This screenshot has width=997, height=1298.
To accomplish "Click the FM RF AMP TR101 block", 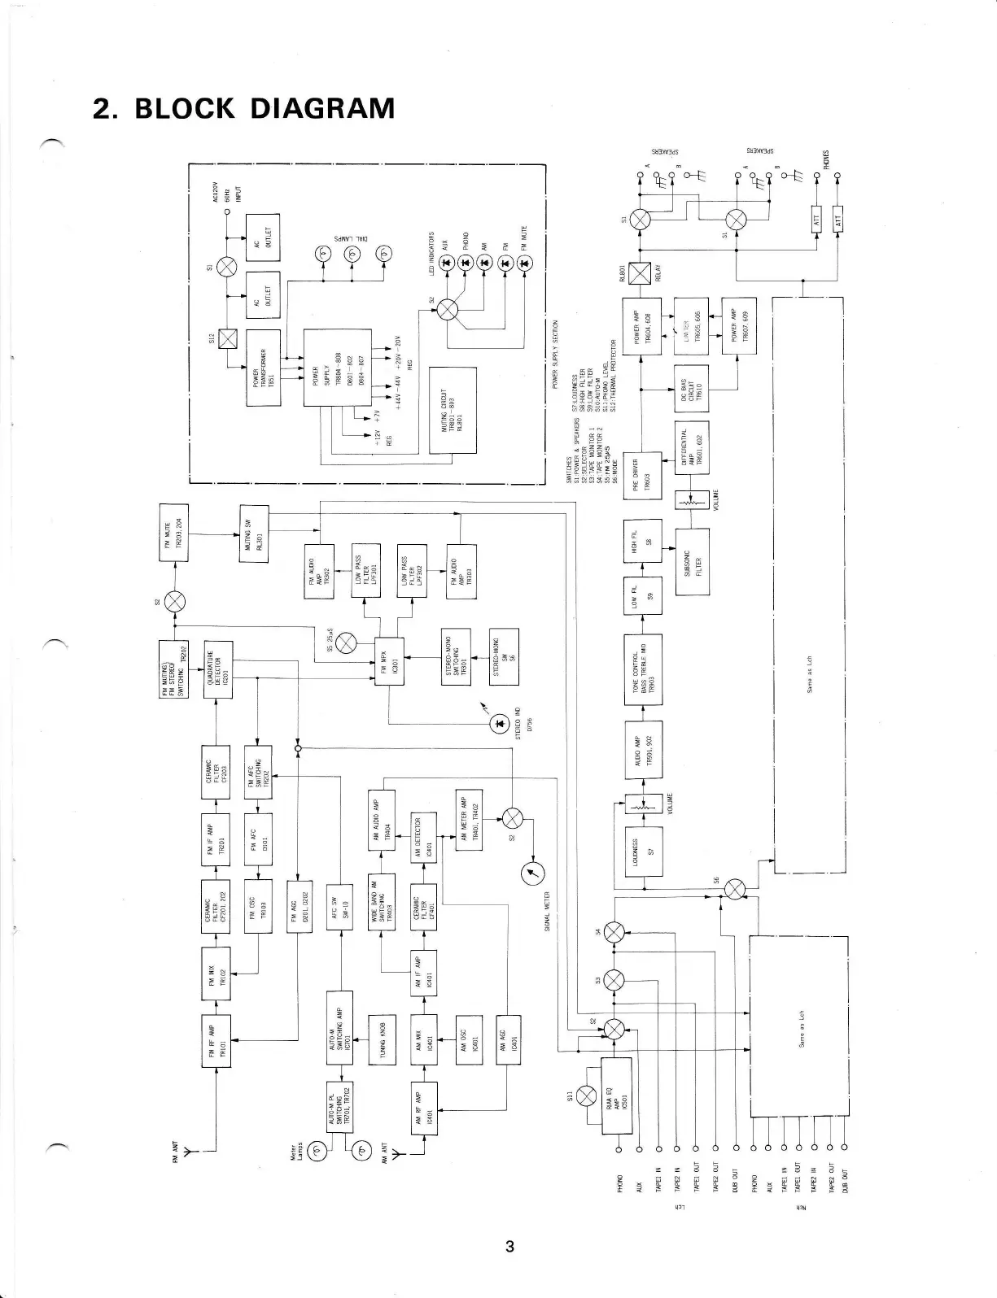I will pyautogui.click(x=216, y=1040).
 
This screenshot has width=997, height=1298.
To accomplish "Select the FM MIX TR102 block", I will pyautogui.click(x=216, y=972).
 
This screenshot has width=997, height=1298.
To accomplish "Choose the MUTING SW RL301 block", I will pyautogui.click(x=256, y=535).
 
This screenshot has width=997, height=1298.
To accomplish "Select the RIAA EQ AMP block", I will pyautogui.click(x=616, y=1095).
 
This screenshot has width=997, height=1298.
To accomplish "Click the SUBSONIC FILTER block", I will pyautogui.click(x=692, y=561).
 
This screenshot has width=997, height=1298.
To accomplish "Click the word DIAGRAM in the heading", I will pyautogui.click(x=321, y=108).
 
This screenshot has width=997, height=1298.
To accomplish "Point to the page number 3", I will pyautogui.click(x=509, y=1247).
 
